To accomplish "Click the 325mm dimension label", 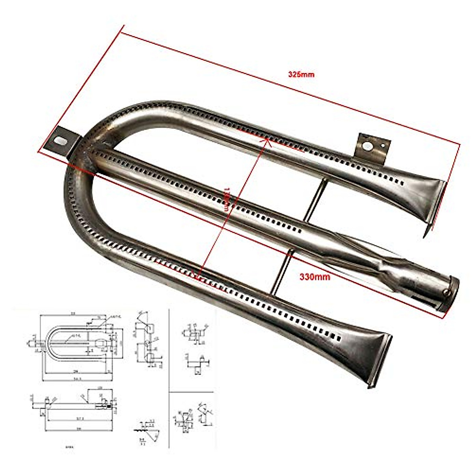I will click(301, 74).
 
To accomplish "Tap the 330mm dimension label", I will click(314, 277).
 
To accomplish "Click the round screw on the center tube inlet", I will click(447, 292).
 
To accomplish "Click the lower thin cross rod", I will click(281, 272).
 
